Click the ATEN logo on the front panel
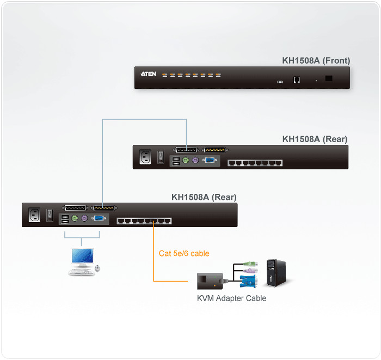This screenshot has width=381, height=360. (x=148, y=74)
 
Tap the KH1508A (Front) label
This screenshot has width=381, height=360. (x=316, y=60)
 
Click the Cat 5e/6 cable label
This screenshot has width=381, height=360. (x=184, y=254)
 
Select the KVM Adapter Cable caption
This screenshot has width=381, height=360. (x=231, y=298)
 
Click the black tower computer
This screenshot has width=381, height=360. (x=276, y=273)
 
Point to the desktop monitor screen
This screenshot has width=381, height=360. (x=83, y=255)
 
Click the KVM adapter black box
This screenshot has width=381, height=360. (x=210, y=281)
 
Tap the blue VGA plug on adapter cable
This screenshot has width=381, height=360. (x=248, y=282)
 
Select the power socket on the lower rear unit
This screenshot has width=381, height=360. (x=34, y=215)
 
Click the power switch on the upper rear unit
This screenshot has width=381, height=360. (x=161, y=157)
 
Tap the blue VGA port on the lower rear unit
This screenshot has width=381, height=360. (x=99, y=218)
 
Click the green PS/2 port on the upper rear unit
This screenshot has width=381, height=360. (x=186, y=160)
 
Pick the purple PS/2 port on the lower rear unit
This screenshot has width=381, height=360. (x=84, y=218)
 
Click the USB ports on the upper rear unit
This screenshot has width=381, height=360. (x=176, y=161)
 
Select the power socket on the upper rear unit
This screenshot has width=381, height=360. (x=145, y=157)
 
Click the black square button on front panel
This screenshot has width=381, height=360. (x=329, y=78)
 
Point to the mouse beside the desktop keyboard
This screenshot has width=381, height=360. (x=97, y=268)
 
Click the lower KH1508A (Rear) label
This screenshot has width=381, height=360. (x=204, y=197)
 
